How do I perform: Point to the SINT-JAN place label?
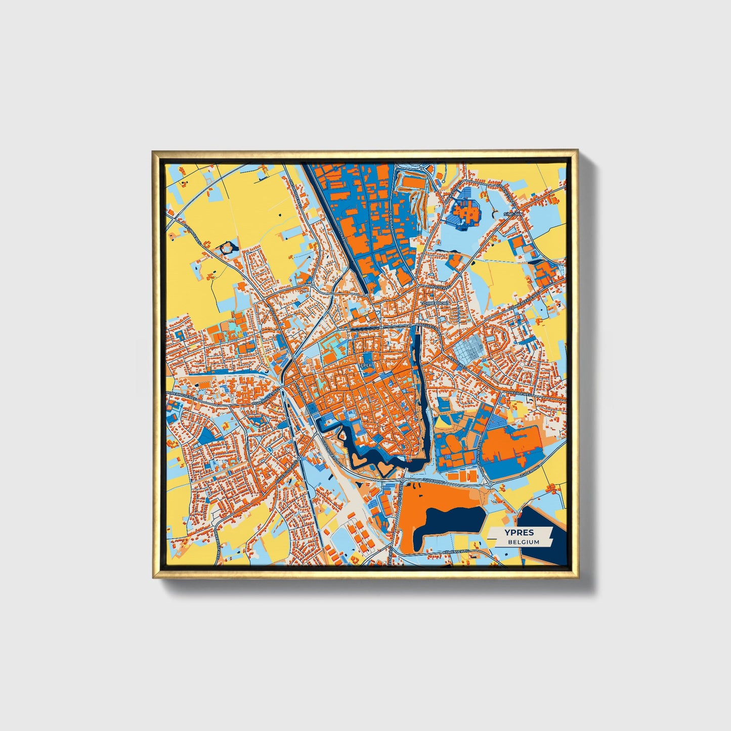(512, 214)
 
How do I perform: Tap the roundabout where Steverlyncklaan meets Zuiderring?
(490, 484)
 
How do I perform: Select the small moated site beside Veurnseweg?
(228, 248)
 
